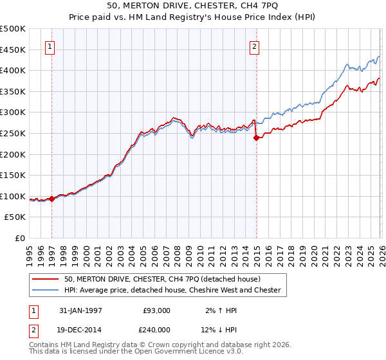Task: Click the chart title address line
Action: [192, 6]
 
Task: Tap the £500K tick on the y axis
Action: [13, 29]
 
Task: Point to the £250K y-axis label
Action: [13, 133]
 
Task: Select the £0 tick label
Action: [20, 238]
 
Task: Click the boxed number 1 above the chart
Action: [50, 46]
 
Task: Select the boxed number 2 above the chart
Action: [255, 46]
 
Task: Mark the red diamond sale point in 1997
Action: [51, 199]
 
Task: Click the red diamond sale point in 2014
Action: [256, 137]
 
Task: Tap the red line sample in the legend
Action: [47, 279]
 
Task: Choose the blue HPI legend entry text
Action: [172, 290]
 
